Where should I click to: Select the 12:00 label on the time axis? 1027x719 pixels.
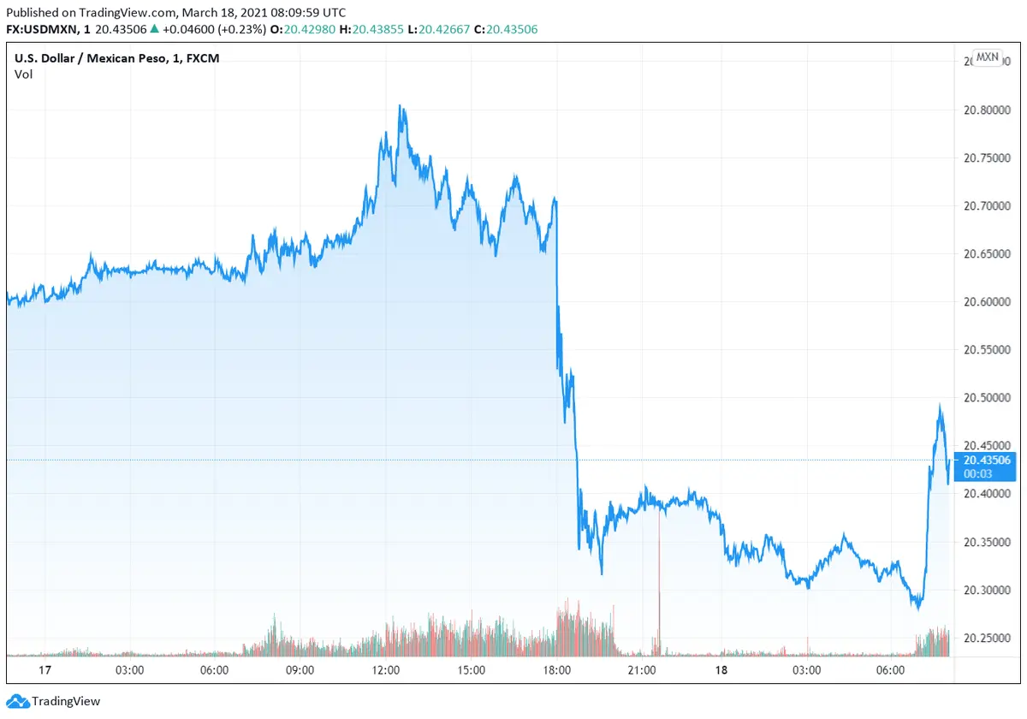tap(386, 670)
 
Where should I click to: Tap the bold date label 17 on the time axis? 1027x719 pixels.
tap(21, 670)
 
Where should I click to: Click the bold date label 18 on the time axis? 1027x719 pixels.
tap(721, 670)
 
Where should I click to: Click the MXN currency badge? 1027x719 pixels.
tap(987, 57)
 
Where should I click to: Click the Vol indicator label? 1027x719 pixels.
tap(23, 74)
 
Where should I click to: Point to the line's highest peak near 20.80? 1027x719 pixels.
tap(400, 107)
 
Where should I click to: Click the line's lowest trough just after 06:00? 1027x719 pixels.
tap(917, 608)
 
